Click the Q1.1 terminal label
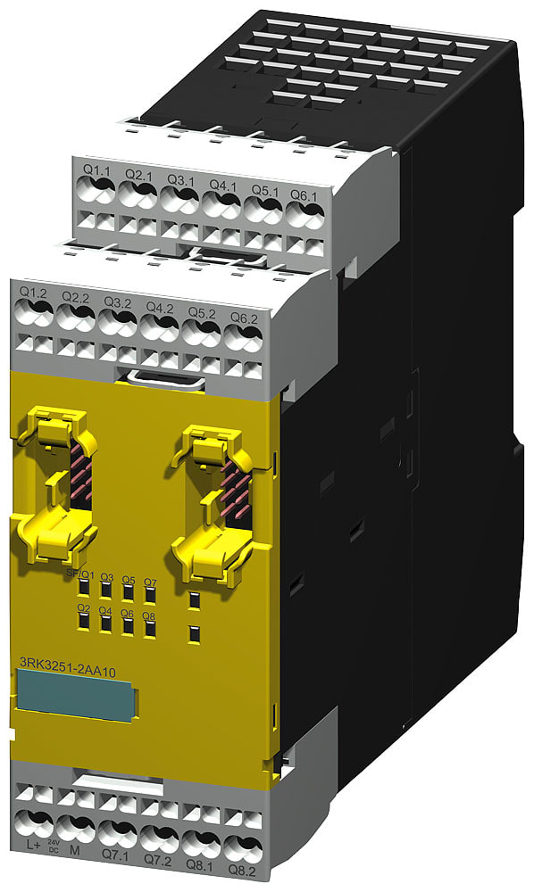point(96,169)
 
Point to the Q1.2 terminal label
point(33,293)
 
